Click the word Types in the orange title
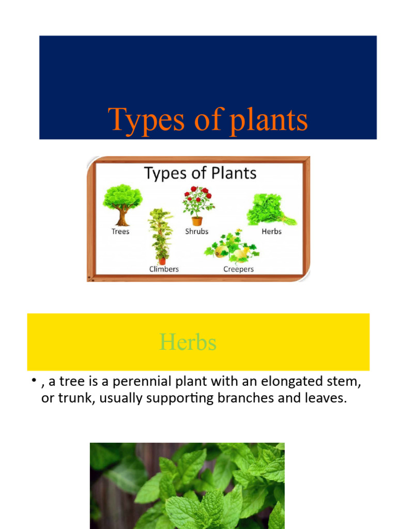click(140, 120)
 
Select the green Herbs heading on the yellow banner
click(188, 342)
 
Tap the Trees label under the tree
click(120, 231)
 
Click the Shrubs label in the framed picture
click(197, 231)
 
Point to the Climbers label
click(164, 269)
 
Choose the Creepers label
click(238, 269)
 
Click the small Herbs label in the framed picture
click(271, 231)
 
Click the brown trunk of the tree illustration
click(122, 217)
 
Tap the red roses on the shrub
click(198, 195)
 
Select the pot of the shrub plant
click(197, 221)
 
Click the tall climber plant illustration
click(161, 235)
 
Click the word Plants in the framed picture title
click(232, 173)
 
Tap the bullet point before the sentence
click(33, 381)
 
